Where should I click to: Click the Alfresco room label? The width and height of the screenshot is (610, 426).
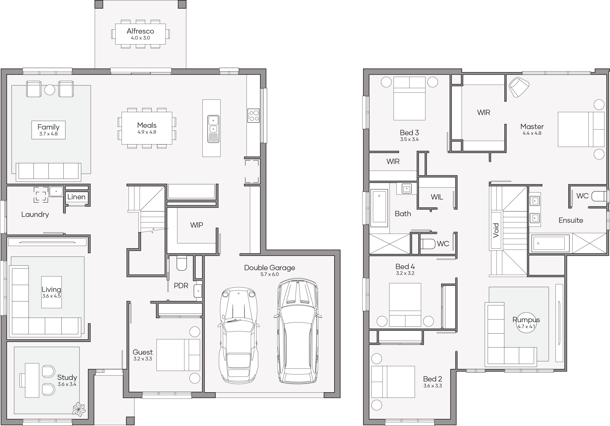point(140,31)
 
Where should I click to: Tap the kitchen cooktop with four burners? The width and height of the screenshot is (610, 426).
point(253,116)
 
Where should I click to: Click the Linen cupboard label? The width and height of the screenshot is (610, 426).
point(76,197)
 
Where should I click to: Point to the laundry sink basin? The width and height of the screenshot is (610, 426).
point(56,191)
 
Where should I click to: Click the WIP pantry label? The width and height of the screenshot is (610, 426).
point(197,225)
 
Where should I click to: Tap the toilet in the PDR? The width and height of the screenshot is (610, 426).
point(182,263)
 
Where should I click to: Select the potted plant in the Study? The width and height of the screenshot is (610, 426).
point(79,409)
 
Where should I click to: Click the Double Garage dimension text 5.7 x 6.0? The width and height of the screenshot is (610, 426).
point(270,274)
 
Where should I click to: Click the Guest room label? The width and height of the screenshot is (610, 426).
point(143,352)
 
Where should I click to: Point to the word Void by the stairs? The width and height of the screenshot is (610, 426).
point(496,230)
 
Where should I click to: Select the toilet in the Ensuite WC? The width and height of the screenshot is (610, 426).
point(599,196)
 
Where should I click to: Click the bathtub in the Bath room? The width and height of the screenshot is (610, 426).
point(379,208)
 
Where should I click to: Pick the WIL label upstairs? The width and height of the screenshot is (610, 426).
point(437,197)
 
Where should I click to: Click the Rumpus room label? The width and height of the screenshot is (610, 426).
point(526,320)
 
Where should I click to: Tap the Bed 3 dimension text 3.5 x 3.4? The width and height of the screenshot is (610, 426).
point(410,139)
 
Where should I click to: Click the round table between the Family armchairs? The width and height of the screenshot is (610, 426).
point(50,90)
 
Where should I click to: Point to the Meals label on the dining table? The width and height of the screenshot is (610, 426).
point(147,125)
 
